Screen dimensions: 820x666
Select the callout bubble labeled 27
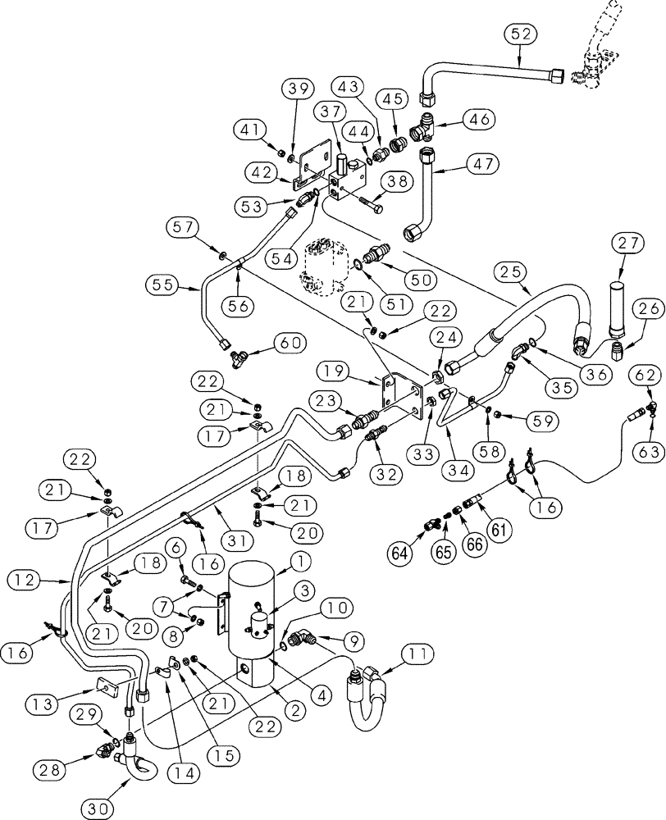632,243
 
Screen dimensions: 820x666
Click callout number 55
164,285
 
